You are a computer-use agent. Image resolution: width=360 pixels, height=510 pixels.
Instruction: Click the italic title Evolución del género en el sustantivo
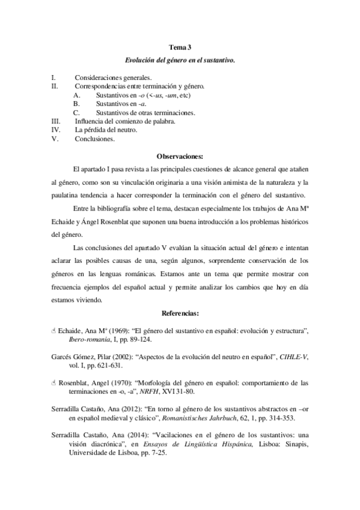coord(180,60)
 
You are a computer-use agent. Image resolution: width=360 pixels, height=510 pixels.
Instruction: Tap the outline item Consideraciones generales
coord(113,78)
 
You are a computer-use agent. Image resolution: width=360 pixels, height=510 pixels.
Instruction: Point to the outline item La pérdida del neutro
coord(106,129)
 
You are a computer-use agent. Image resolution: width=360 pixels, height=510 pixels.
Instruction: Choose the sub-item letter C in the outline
coord(76,112)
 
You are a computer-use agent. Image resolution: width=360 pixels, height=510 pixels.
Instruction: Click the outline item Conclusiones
coord(94,138)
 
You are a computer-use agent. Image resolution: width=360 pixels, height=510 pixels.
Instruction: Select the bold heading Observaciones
coord(180,155)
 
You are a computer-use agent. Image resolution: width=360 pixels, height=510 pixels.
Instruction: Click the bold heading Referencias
coord(180,313)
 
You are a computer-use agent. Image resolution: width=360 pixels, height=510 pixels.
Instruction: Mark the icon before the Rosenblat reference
coord(53,382)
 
